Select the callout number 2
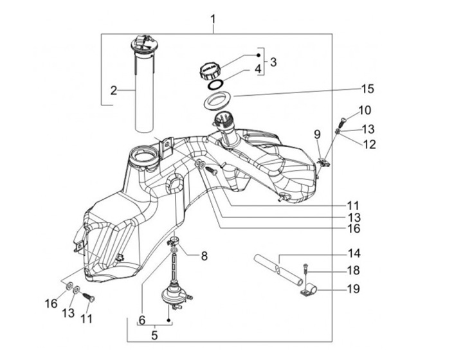[x=114, y=91]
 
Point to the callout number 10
[x=365, y=110]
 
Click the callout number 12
[x=369, y=145]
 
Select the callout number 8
[x=204, y=256]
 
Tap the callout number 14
[x=354, y=253]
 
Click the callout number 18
[x=354, y=271]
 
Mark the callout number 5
[x=154, y=335]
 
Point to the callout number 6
[x=142, y=319]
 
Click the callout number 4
[x=257, y=68]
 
